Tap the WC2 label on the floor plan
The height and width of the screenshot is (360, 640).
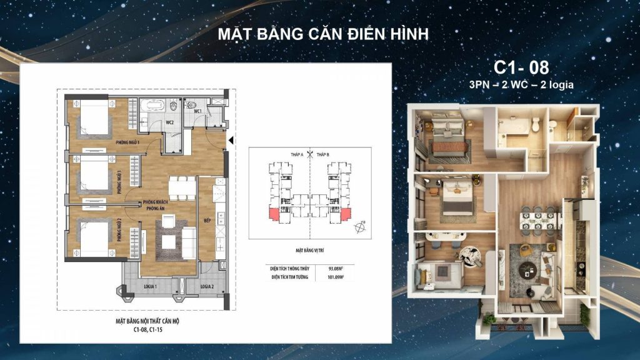point(169,122)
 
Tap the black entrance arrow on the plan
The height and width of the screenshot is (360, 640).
point(231,141)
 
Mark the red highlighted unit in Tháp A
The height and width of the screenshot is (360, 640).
point(273,214)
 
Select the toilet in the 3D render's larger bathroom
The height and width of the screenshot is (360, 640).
point(535,126)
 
